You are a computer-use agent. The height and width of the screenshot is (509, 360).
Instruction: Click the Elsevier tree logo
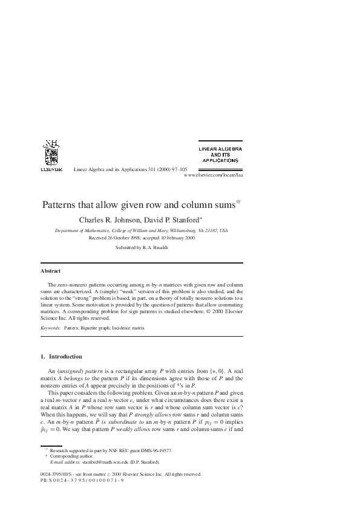point(51,154)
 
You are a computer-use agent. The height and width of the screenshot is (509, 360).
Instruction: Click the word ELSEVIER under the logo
point(51,170)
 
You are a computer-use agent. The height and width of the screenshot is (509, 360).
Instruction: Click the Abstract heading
point(50,271)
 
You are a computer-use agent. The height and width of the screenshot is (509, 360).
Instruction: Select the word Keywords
point(50,327)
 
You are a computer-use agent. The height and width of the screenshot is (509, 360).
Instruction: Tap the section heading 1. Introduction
point(61,357)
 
